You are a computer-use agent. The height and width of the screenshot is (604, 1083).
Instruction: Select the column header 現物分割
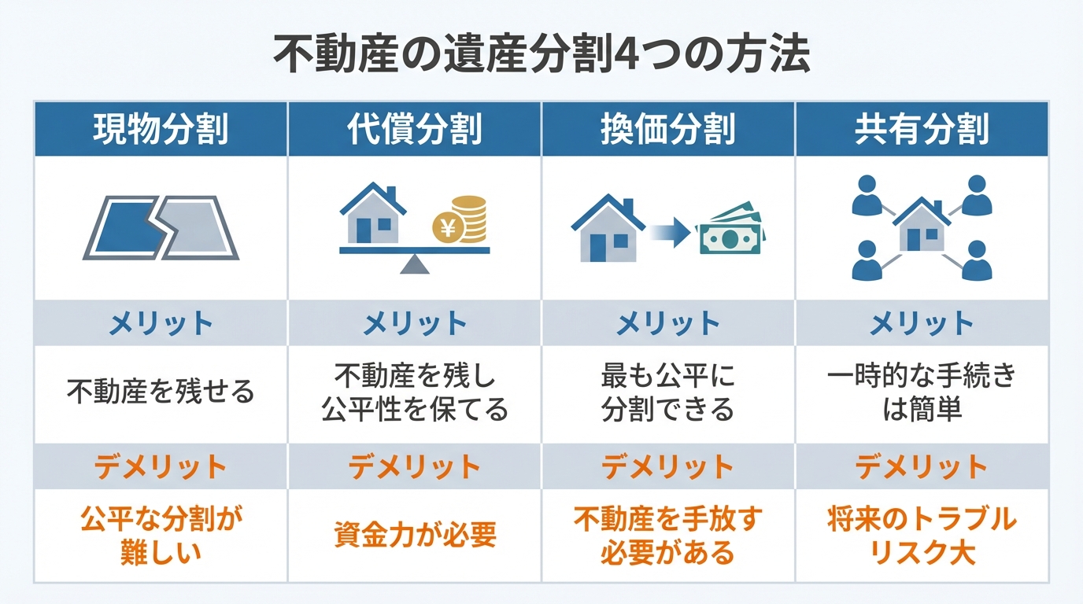point(161,129)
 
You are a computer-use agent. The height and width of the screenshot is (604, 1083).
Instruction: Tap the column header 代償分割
point(415,129)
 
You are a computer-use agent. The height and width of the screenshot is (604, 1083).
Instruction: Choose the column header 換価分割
point(668,129)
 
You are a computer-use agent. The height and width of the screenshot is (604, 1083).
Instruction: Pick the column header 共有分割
point(922,129)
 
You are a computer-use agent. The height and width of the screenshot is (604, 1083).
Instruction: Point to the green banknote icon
point(732,232)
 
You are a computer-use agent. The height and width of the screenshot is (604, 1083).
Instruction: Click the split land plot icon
point(161,228)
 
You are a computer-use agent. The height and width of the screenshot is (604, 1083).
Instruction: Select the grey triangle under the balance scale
point(415,265)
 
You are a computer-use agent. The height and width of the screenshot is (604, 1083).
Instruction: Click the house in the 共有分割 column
point(922,226)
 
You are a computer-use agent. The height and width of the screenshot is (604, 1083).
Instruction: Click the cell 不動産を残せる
point(161,391)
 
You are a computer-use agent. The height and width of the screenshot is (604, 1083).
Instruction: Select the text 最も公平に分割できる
point(668,392)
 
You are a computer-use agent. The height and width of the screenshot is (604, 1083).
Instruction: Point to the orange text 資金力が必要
point(415,536)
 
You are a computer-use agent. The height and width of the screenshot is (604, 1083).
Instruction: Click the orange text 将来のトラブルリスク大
point(922,536)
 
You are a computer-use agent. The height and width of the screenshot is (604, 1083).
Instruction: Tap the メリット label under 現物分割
point(161,323)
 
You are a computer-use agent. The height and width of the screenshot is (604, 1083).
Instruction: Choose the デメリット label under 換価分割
point(668,467)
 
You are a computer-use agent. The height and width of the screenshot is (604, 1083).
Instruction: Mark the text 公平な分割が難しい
point(161,536)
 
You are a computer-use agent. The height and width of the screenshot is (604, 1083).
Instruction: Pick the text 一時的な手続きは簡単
point(922,392)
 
